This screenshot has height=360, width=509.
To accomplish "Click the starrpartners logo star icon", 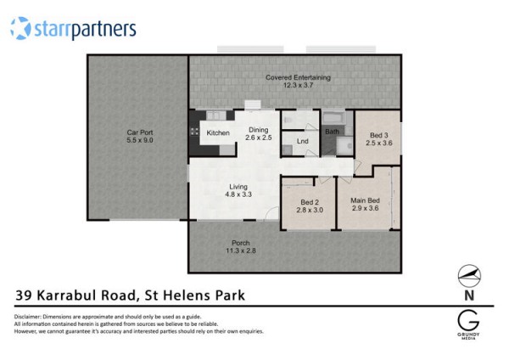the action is pyautogui.click(x=20, y=28).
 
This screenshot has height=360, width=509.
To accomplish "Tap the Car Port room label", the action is pyautogui.click(x=140, y=132).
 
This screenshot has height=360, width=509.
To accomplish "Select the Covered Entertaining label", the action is pyautogui.click(x=298, y=77).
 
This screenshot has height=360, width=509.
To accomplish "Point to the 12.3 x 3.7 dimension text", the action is pyautogui.click(x=298, y=86).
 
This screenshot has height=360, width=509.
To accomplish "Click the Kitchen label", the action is pyautogui.click(x=218, y=133).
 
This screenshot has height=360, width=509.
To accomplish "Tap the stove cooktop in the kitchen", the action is pyautogui.click(x=194, y=132).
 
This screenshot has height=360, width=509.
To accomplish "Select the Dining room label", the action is pyautogui.click(x=259, y=130).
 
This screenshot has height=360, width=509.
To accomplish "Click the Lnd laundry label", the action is pyautogui.click(x=303, y=141).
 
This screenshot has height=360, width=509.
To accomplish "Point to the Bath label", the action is pyautogui.click(x=332, y=132).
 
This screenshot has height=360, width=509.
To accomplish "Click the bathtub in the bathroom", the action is pyautogui.click(x=334, y=118).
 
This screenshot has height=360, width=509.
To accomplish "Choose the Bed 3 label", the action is pyautogui.click(x=379, y=135).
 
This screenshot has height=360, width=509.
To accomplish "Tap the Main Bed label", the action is pyautogui.click(x=365, y=200).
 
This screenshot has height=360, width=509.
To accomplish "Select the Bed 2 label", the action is pyautogui.click(x=310, y=202).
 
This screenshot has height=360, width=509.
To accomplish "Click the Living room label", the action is pyautogui.click(x=238, y=187).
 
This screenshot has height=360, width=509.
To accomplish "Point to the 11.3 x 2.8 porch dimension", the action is pyautogui.click(x=241, y=250).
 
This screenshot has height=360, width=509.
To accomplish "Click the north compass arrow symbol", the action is pyautogui.click(x=469, y=276).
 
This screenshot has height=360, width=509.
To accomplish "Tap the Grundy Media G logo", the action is pyautogui.click(x=468, y=320).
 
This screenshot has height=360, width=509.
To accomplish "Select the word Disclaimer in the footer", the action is pyautogui.click(x=28, y=317).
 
